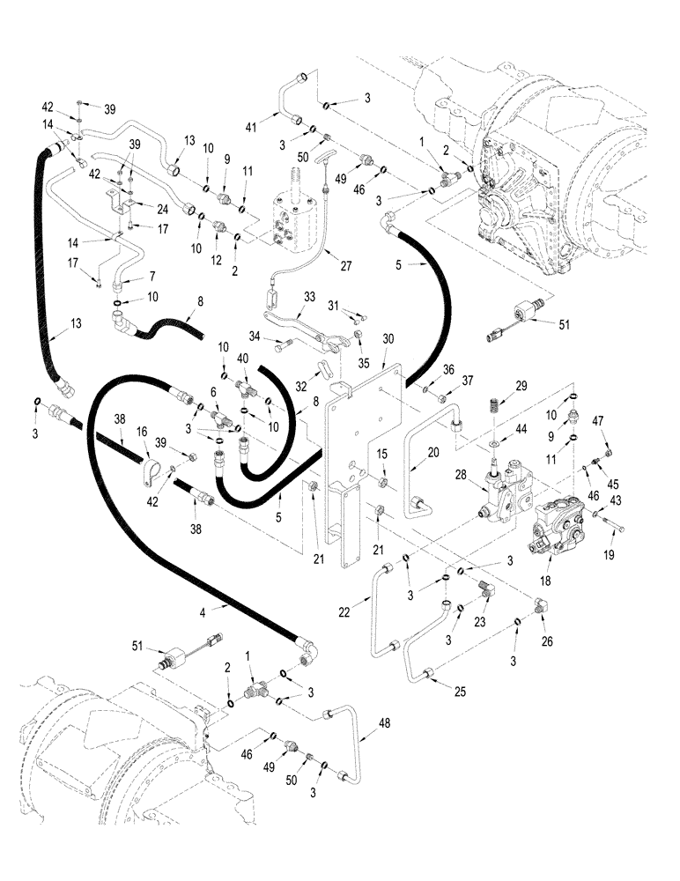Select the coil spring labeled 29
495,411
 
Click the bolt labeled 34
284,346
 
